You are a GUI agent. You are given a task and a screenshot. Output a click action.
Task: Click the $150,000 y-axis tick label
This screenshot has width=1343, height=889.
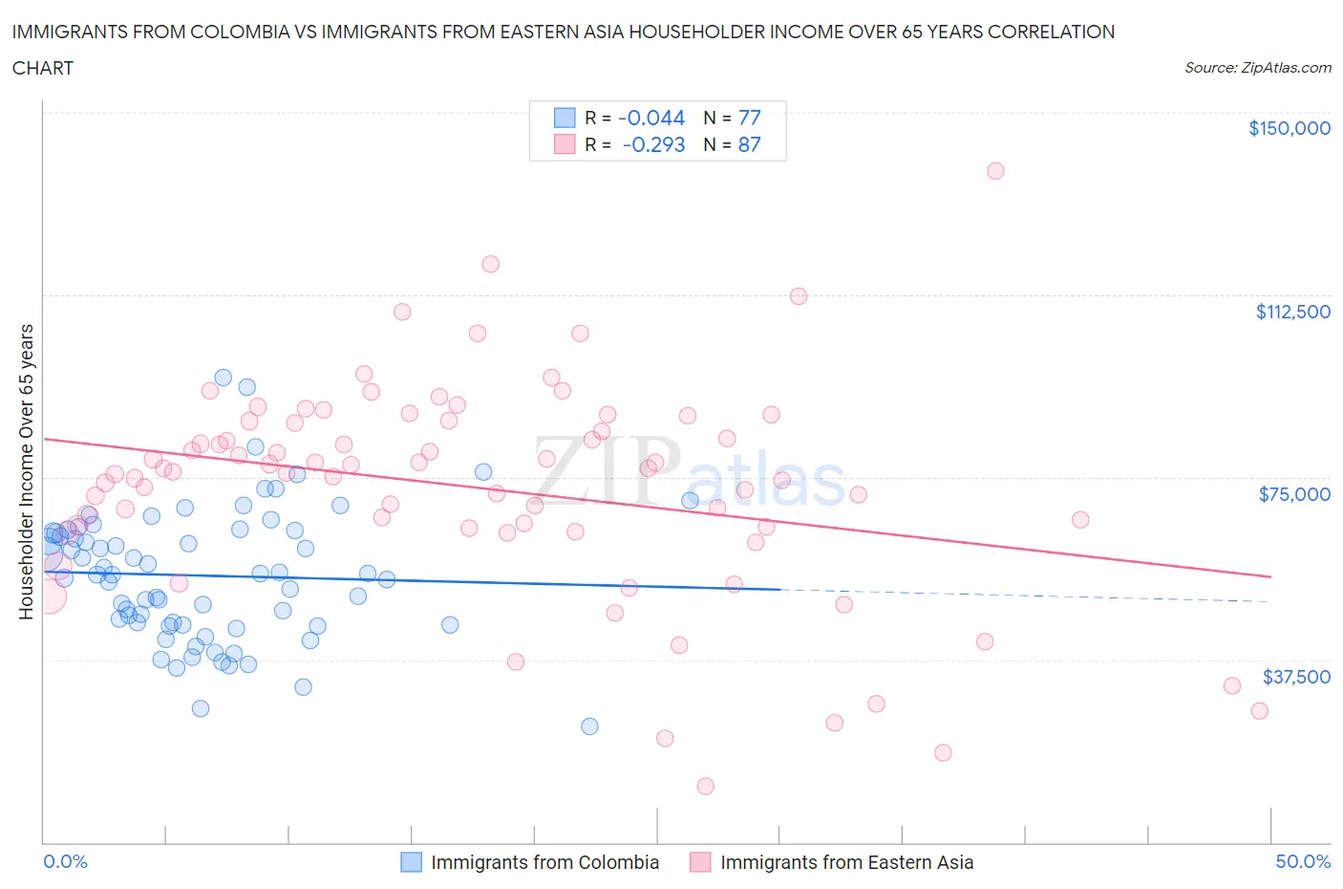[x=1289, y=128]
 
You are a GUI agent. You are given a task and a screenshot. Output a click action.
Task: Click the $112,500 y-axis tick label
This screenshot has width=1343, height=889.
[x=1292, y=312]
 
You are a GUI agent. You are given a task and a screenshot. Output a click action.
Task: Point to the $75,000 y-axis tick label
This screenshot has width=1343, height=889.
[x=1294, y=494]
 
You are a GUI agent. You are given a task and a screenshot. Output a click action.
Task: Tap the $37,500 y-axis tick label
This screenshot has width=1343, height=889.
[x=1296, y=677]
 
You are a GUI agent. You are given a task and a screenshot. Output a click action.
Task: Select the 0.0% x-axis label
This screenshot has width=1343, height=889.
[x=65, y=861]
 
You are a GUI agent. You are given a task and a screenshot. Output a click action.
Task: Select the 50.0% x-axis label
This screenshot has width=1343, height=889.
[x=1303, y=861]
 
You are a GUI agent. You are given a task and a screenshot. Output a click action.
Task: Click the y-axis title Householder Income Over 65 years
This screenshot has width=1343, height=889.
[x=27, y=471]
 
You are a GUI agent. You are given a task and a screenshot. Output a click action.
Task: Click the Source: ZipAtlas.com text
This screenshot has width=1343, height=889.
[x=1257, y=67]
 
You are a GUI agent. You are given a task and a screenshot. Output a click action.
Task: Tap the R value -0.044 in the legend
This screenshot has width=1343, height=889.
[x=651, y=118]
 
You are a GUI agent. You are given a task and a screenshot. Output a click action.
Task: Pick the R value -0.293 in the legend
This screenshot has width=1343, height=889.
[x=653, y=144]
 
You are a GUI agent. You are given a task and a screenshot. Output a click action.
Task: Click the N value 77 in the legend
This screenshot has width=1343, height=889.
[x=750, y=118]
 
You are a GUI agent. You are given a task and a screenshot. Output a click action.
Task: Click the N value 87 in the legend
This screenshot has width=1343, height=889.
[x=750, y=144]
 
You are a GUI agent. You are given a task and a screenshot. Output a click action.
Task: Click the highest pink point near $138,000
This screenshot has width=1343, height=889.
[x=995, y=171]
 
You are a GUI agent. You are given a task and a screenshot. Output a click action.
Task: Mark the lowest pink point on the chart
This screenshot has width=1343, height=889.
[x=705, y=786]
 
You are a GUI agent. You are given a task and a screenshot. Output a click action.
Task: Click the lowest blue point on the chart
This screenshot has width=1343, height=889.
[x=589, y=726]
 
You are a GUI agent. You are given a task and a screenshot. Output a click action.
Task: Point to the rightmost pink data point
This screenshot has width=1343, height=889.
[x=1259, y=710]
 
